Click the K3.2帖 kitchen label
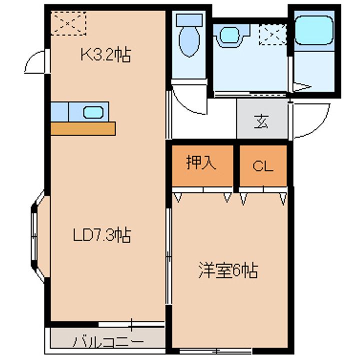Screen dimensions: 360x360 (x=106, y=54)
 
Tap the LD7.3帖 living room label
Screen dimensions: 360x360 (x=102, y=234)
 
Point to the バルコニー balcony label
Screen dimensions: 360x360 (x=108, y=342)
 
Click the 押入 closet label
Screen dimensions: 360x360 (x=201, y=162)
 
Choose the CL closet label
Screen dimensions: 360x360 (x=263, y=166)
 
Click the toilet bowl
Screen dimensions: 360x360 (x=189, y=41)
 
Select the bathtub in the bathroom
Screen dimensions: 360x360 (x=314, y=30)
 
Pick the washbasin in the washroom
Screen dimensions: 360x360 (x=229, y=34)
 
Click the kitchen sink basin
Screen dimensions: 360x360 (x=93, y=112)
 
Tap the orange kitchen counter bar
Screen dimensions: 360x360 (x=83, y=129)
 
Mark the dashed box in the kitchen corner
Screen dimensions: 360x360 (x=68, y=23)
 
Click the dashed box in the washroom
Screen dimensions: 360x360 (x=273, y=34)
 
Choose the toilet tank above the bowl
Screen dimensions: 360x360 (x=189, y=19)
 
